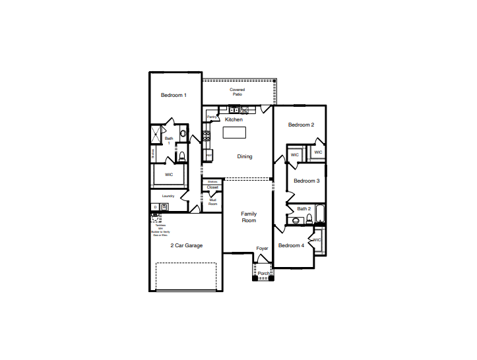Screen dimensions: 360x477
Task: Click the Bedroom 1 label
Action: tap(174, 96)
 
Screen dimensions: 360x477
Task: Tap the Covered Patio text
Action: tap(237, 92)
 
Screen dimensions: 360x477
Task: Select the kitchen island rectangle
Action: tap(234, 133)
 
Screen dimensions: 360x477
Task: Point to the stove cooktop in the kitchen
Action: tap(207, 136)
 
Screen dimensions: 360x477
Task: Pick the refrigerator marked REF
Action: tap(208, 155)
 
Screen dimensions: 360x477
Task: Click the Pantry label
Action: tap(212, 117)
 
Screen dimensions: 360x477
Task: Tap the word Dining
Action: tap(245, 156)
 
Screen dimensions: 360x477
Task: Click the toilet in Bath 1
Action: tap(182, 156)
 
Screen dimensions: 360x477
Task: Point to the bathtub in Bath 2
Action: tap(319, 214)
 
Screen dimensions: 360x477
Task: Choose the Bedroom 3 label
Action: tap(307, 181)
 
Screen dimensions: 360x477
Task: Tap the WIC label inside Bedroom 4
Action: tap(317, 240)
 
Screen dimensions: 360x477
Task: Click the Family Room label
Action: tap(249, 217)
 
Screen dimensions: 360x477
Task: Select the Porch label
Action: tap(263, 273)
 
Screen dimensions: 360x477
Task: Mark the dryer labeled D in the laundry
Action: tap(156, 207)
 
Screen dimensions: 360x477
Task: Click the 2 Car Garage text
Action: tap(187, 245)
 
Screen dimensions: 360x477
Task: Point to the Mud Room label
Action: tap(212, 202)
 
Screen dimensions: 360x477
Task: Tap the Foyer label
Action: tap(262, 249)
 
